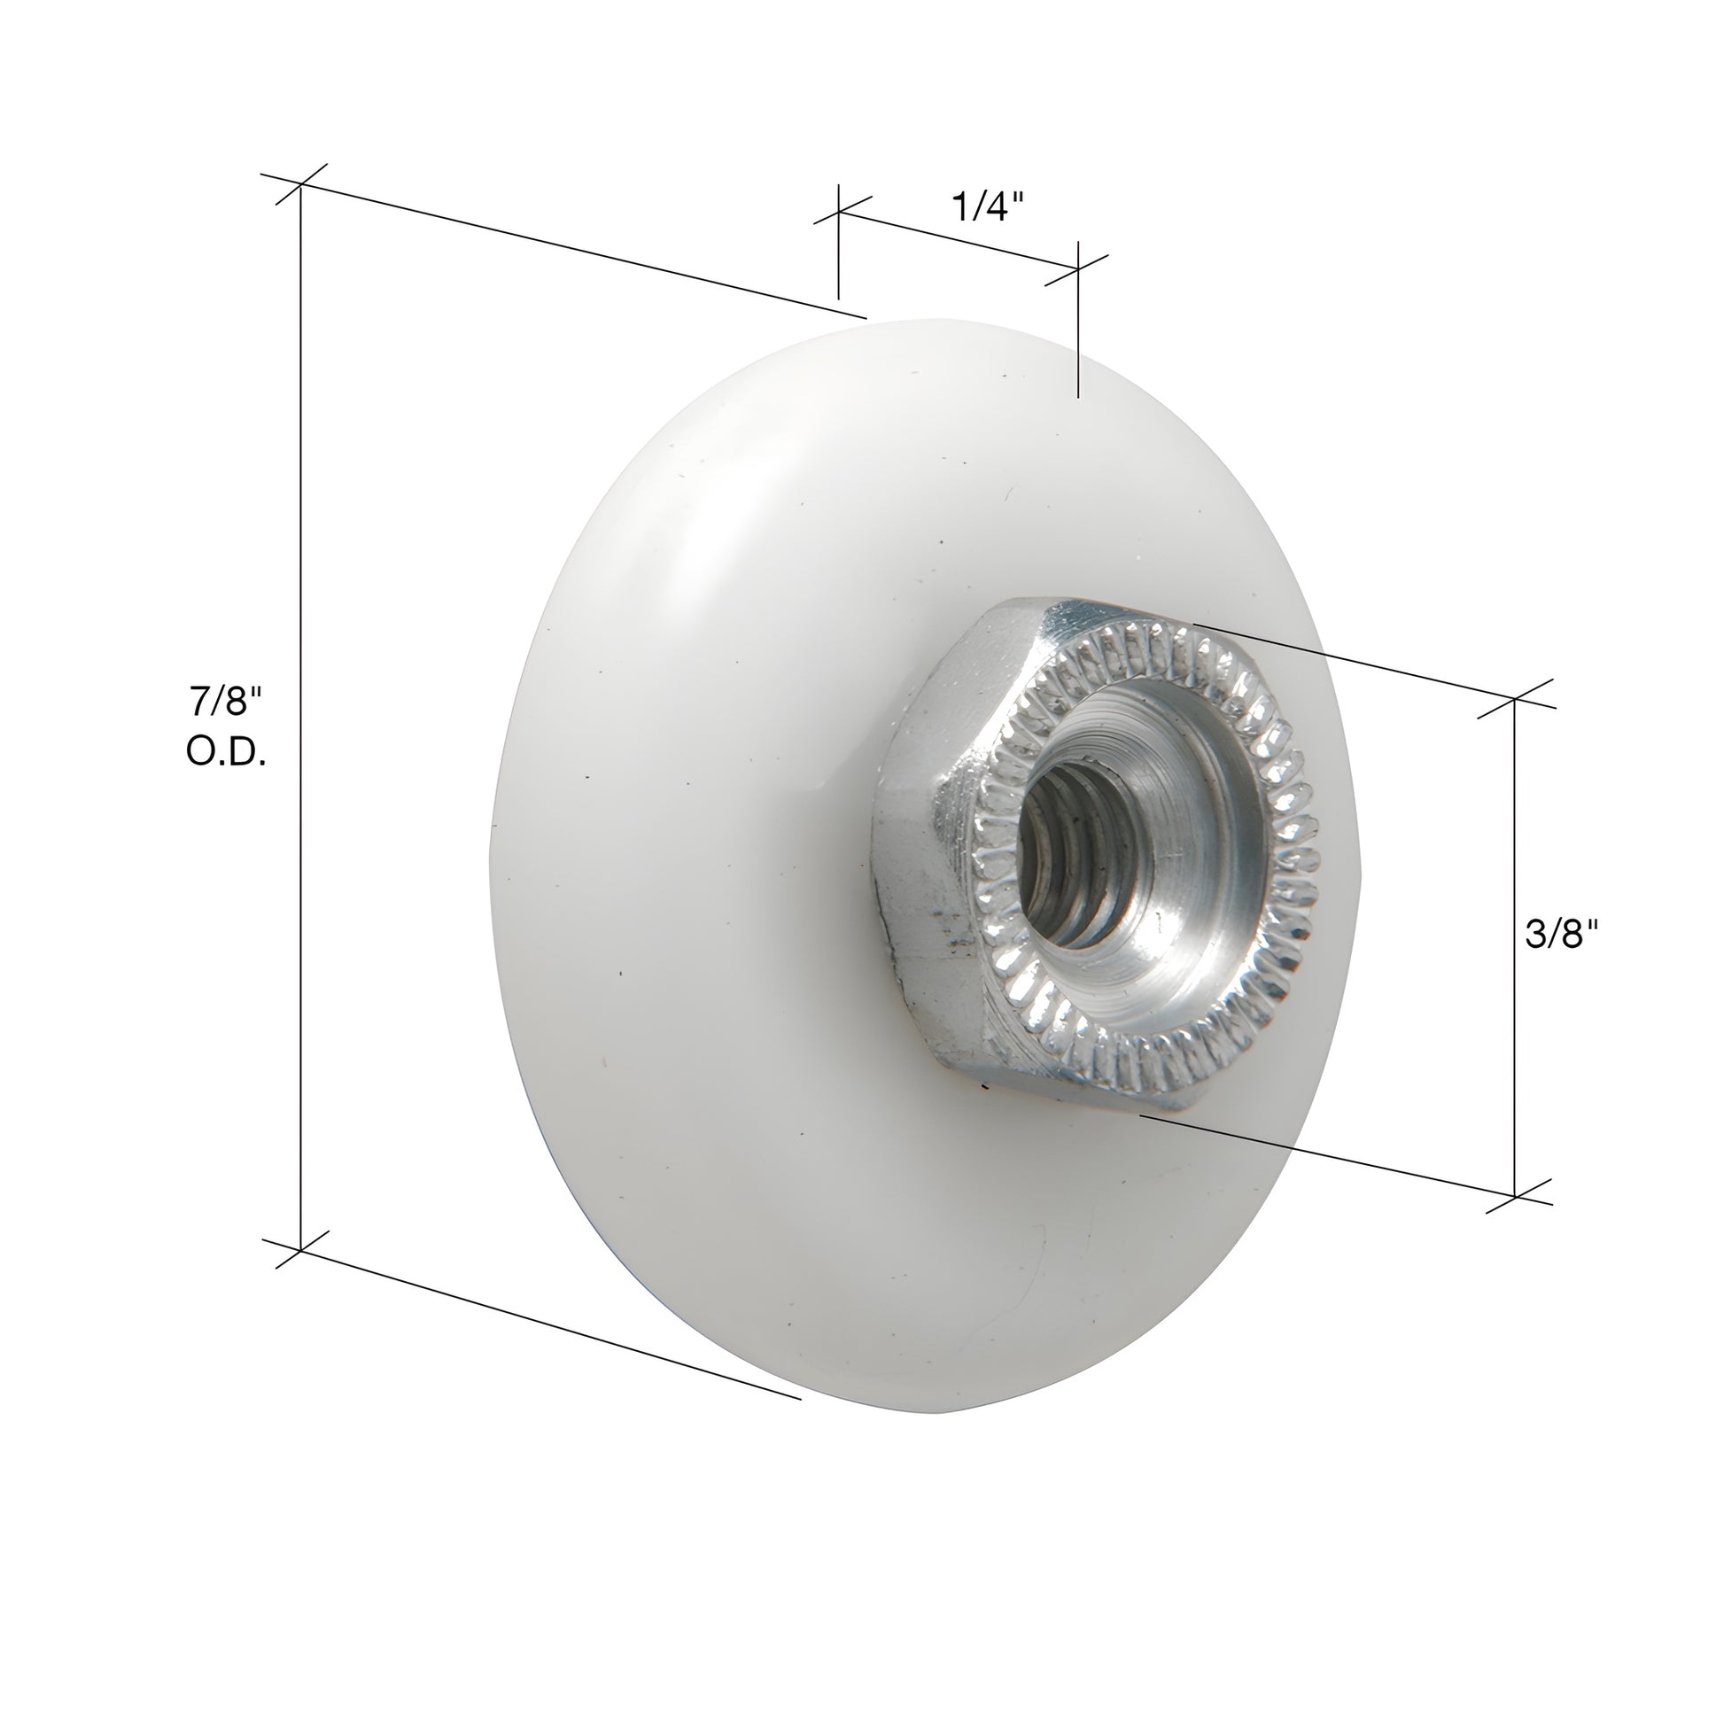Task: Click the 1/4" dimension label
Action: (986, 208)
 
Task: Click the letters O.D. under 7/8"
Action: (226, 753)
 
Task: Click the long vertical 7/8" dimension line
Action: (300, 714)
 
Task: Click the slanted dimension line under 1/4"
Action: (959, 240)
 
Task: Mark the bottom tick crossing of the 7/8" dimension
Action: (300, 1249)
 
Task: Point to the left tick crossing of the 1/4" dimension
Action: (838, 213)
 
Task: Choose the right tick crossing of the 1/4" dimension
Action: (1079, 267)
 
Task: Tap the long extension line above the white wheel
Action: (580, 250)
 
